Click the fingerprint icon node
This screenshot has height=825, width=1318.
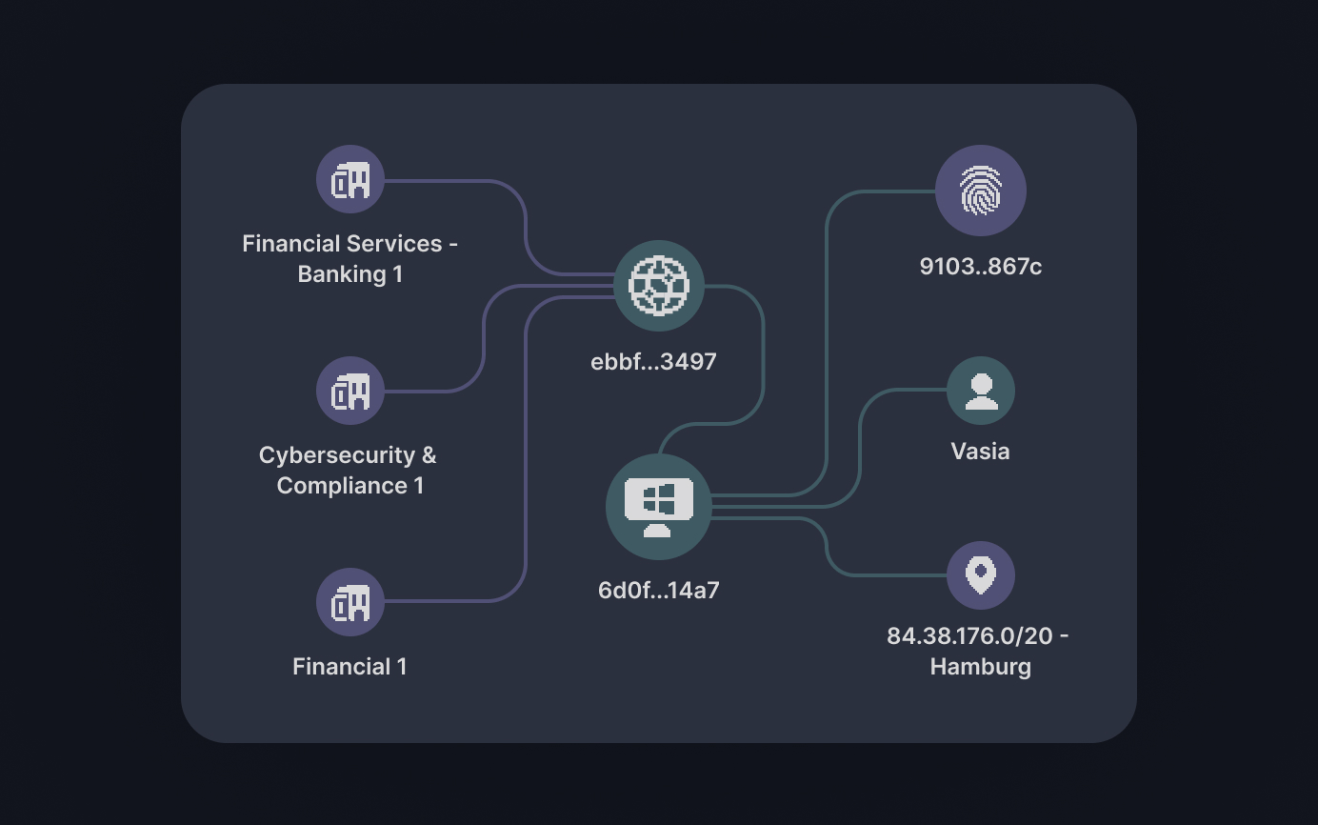click(x=981, y=191)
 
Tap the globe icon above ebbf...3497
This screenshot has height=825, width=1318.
click(x=659, y=286)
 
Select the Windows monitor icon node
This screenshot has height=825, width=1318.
click(x=659, y=507)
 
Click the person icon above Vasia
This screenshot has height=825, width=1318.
click(x=981, y=391)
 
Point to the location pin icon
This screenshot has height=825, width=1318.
click(x=981, y=575)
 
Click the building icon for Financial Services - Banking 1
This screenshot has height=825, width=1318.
click(x=350, y=179)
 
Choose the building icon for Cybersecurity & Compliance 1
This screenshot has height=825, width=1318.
click(x=350, y=391)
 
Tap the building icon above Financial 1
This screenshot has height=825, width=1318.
click(x=350, y=602)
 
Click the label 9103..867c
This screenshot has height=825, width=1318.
click(x=981, y=267)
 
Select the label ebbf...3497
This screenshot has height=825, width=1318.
click(x=653, y=362)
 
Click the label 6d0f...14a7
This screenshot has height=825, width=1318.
click(x=659, y=591)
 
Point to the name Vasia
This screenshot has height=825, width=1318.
click(x=981, y=452)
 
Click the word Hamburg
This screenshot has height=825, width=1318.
click(x=981, y=667)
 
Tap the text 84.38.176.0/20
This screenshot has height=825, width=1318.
click(x=969, y=636)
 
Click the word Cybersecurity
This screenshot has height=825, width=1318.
click(x=337, y=455)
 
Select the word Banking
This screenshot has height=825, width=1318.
click(x=342, y=274)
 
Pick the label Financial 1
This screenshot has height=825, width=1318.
click(x=350, y=667)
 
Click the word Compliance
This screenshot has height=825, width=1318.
click(x=342, y=486)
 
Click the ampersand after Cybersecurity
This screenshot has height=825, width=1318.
click(x=429, y=454)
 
